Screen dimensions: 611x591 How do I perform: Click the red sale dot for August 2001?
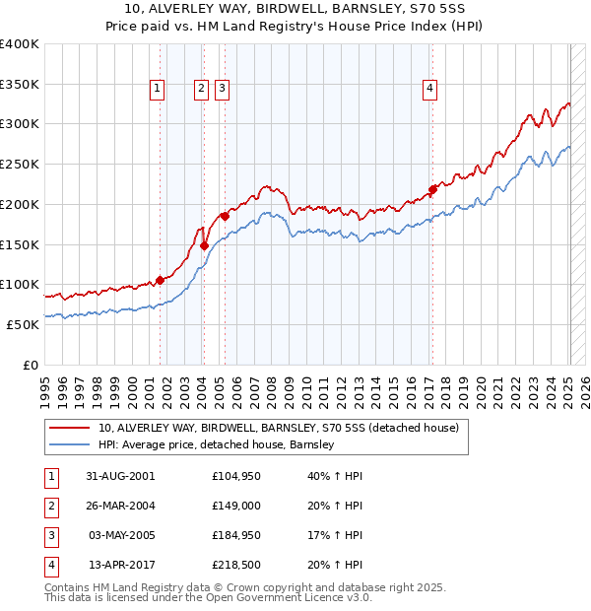pyautogui.click(x=160, y=280)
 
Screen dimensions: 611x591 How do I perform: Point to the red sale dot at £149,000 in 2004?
pyautogui.click(x=204, y=246)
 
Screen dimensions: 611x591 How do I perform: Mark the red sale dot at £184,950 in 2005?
pyautogui.click(x=225, y=216)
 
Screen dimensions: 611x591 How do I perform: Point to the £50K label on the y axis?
pyautogui.click(x=23, y=324)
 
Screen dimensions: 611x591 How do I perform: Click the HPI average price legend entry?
pyautogui.click(x=216, y=444)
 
